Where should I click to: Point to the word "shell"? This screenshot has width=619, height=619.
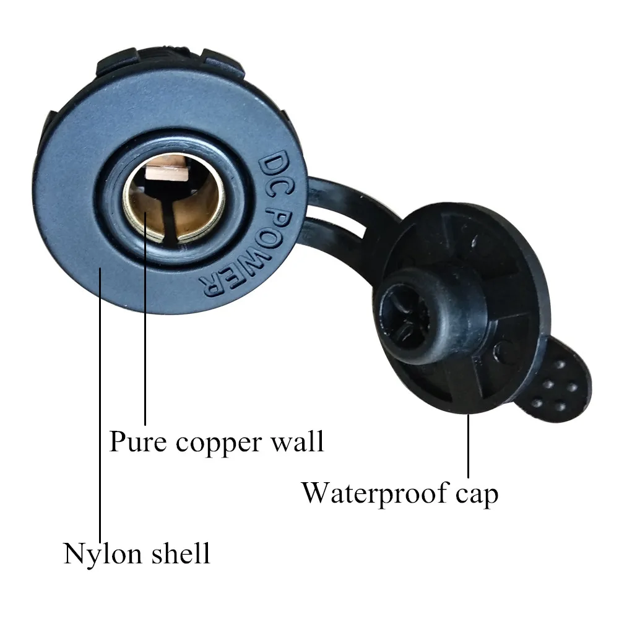(x=180, y=553)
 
